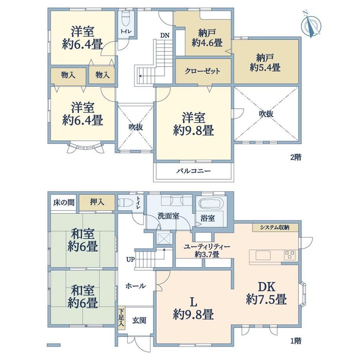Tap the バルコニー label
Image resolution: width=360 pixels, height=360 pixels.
(193, 171)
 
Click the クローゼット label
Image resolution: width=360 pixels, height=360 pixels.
(203, 71)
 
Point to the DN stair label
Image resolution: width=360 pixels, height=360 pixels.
(165, 35)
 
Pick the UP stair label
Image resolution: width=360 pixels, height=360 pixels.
(130, 260)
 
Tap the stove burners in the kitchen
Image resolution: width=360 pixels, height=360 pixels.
(290, 255)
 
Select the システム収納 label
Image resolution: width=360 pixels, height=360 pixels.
(275, 227)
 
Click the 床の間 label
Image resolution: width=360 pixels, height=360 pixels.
(64, 203)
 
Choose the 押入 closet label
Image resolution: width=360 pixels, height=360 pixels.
(97, 202)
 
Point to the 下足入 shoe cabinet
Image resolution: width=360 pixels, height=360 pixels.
(121, 318)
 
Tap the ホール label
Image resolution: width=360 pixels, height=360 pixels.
(135, 286)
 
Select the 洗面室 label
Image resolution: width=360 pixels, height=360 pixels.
(168, 216)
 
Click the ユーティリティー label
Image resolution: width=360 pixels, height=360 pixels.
(207, 247)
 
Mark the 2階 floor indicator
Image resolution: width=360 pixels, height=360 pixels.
(296, 157)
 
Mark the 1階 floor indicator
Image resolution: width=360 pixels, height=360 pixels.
(296, 341)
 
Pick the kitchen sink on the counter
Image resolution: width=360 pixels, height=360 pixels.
(263, 255)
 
